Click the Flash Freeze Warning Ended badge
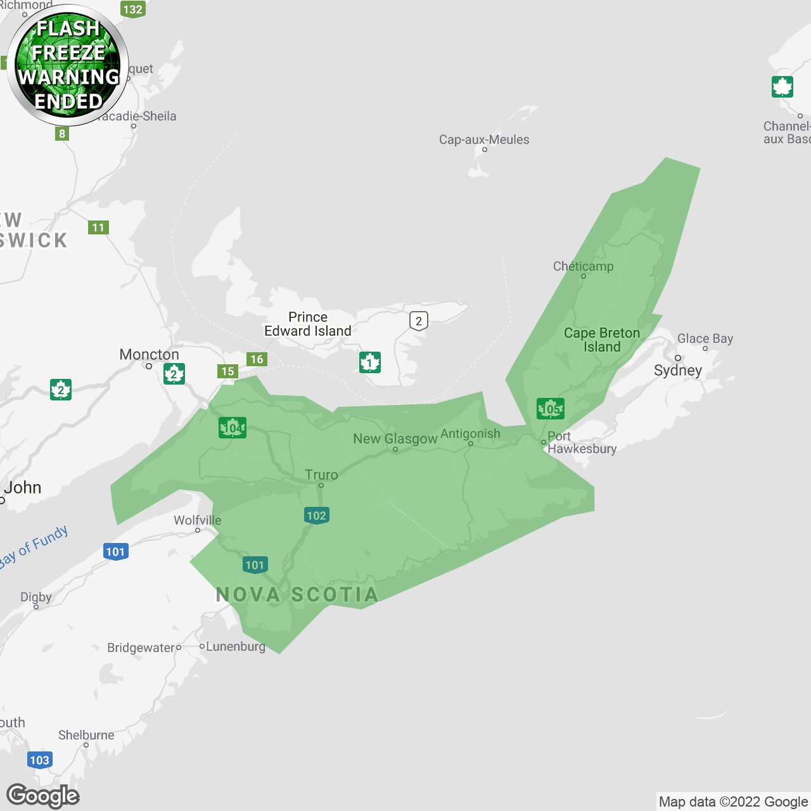[x=68, y=65]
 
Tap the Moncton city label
[x=149, y=354]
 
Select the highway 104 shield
[x=233, y=428]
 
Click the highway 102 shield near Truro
[x=316, y=515]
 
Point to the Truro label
[x=321, y=475]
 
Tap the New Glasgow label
[x=395, y=438]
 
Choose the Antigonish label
[x=470, y=433]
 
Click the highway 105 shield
[x=550, y=409]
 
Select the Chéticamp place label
[x=583, y=266]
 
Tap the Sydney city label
[x=678, y=370]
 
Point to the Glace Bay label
[x=705, y=338]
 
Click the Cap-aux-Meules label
[x=484, y=139]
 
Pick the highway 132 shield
[x=132, y=9]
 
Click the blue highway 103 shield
[x=39, y=760]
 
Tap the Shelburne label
[x=86, y=735]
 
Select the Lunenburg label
[x=235, y=646]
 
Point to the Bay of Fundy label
[x=34, y=546]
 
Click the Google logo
[x=43, y=796]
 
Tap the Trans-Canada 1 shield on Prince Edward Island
[x=369, y=362]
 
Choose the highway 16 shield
[x=257, y=359]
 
